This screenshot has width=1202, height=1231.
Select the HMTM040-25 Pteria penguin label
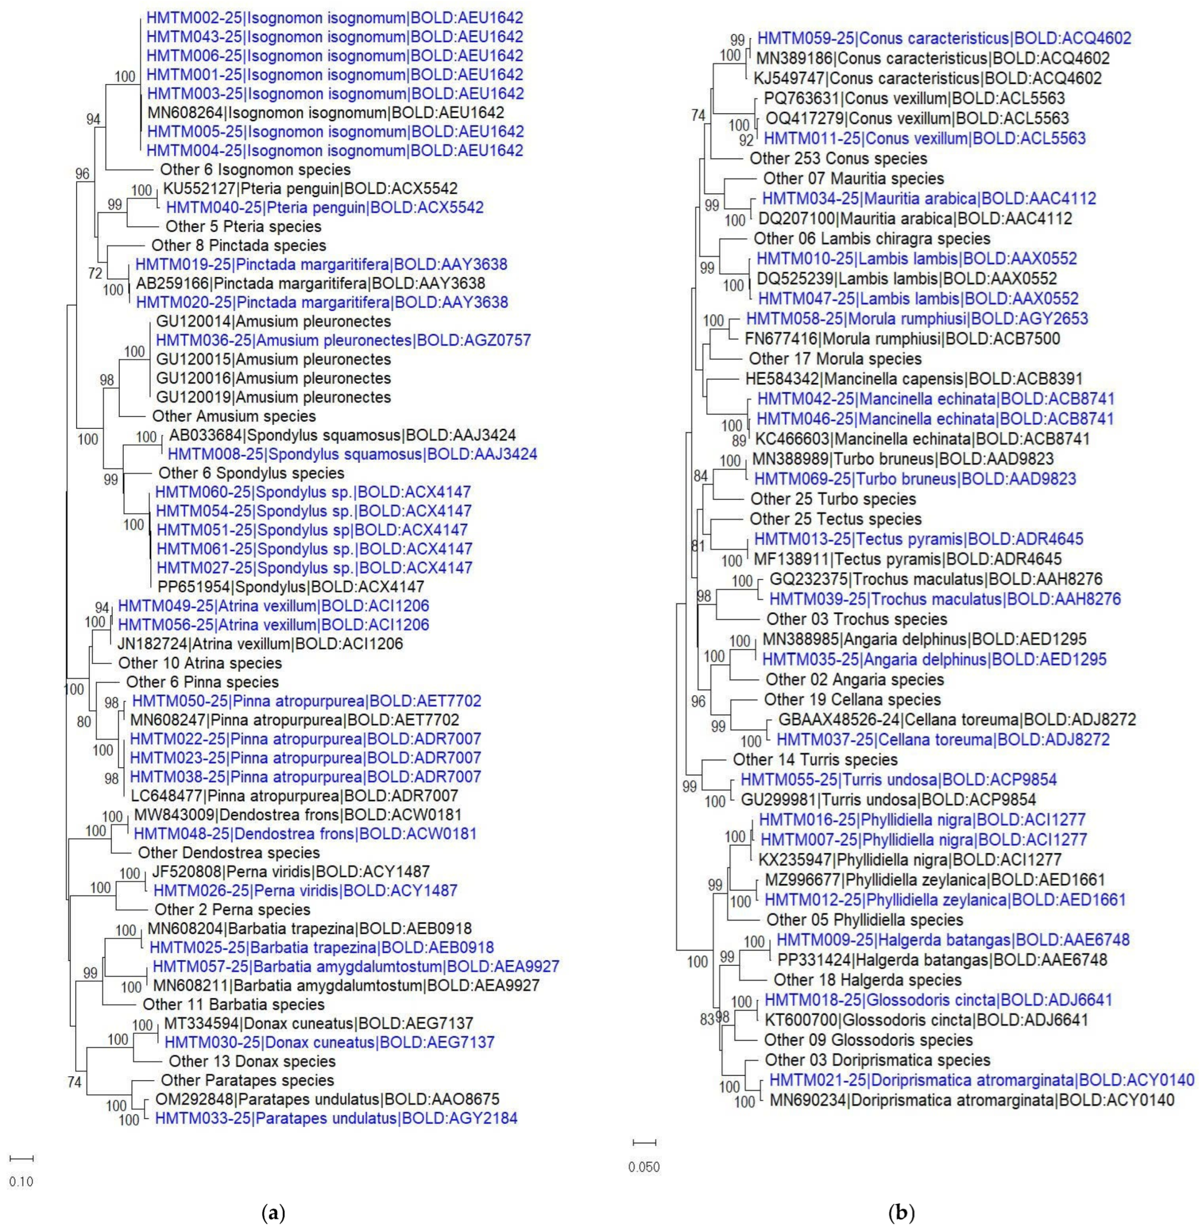click(x=325, y=208)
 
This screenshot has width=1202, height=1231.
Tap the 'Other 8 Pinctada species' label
click(x=239, y=246)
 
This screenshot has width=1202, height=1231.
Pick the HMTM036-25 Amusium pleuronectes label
click(x=343, y=340)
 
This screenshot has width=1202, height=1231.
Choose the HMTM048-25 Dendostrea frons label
click(x=305, y=833)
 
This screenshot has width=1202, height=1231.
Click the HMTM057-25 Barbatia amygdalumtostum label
click(x=355, y=967)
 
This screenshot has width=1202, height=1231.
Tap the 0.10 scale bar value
click(x=21, y=1182)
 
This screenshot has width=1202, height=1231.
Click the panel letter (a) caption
click(x=273, y=1213)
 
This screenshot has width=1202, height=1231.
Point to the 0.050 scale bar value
click(x=644, y=1167)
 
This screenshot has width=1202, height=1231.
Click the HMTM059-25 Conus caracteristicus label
click(x=944, y=39)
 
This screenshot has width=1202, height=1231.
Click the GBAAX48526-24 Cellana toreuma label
click(x=957, y=719)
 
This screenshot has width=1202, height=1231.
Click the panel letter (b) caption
click(x=901, y=1213)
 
